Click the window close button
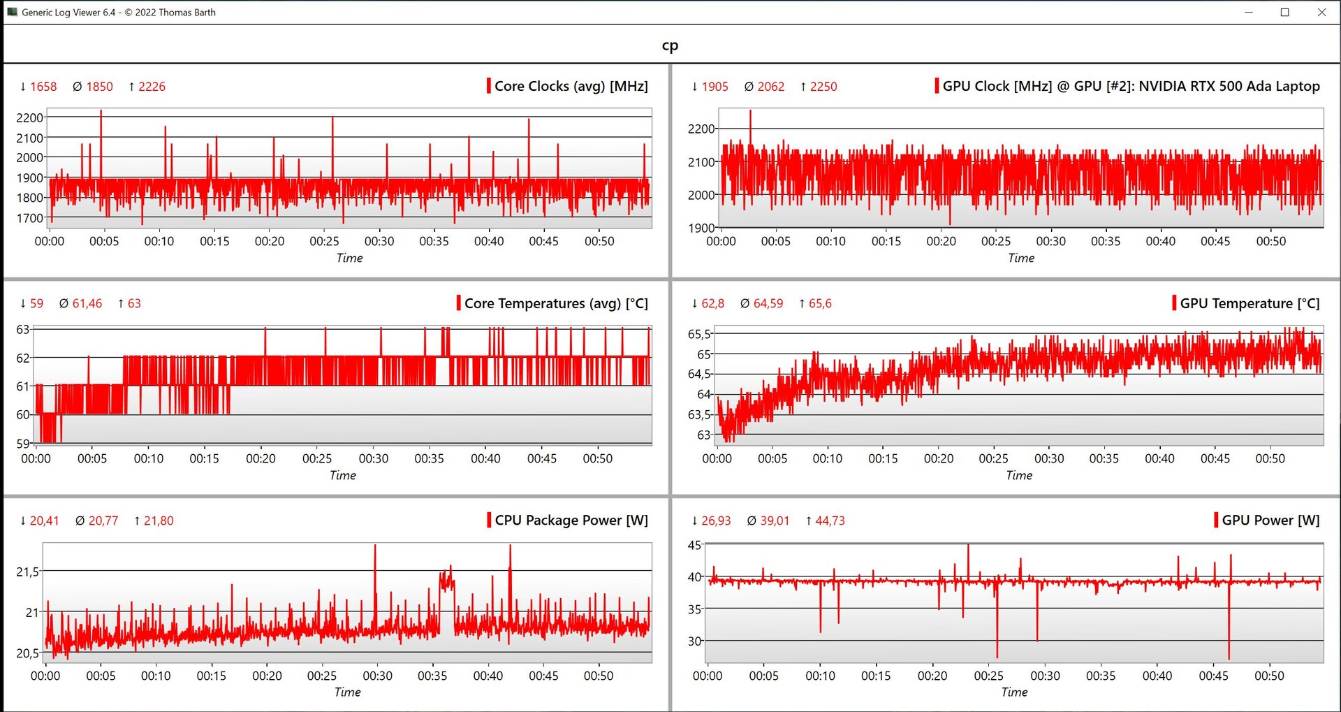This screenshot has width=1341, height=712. point(1321,13)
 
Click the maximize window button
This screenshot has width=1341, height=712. point(1284,13)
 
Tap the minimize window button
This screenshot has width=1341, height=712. point(1248,13)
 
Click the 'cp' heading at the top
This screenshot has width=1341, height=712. point(670,45)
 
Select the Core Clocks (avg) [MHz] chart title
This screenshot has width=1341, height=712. point(571,86)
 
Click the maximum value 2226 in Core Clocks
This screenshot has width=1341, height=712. point(152,87)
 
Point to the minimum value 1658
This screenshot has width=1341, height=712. point(43,87)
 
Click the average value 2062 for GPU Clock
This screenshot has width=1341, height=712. point(770,87)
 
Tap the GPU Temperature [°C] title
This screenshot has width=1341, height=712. point(1249,303)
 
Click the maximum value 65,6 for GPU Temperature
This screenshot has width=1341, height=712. point(820,303)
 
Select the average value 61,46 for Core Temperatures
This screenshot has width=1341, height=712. point(87,303)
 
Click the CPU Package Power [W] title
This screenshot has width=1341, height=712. point(571,521)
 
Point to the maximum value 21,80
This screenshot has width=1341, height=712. point(159,521)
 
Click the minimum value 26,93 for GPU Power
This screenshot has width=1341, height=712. point(716,521)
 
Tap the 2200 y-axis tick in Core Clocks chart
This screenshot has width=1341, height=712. point(29,117)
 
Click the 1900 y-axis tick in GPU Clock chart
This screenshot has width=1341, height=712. point(701,228)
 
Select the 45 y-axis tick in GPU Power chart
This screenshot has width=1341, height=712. point(694,545)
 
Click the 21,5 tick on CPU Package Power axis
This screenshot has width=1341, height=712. point(28,572)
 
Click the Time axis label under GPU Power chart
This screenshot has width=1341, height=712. point(1014,692)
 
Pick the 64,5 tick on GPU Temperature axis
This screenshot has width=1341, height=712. point(699,374)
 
